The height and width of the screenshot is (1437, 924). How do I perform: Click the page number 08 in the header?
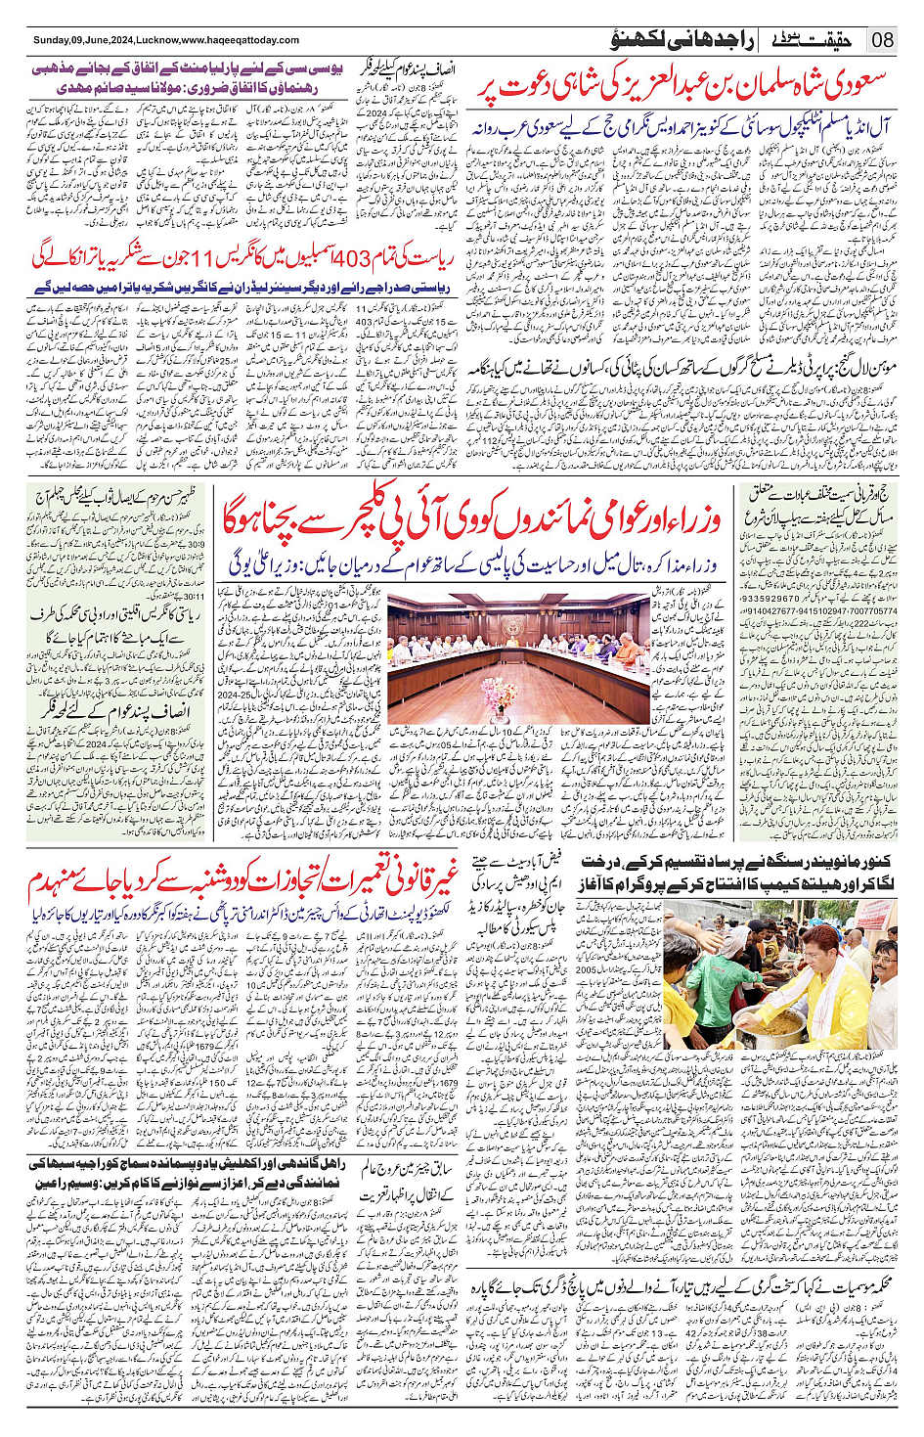click(x=883, y=40)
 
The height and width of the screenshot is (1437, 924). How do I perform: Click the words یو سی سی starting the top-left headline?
click(x=324, y=71)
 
